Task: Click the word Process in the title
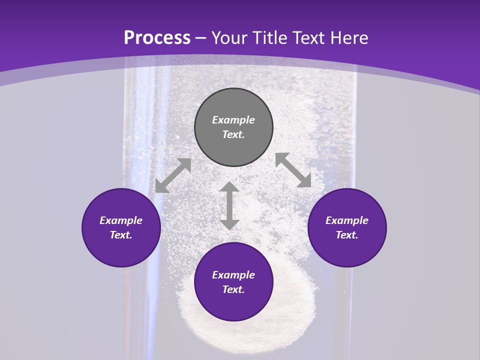coord(157,37)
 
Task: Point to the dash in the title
coord(201,38)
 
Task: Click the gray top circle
coord(233,127)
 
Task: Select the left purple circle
coord(121,227)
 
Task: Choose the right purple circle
coord(347,227)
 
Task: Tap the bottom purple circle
coord(233,282)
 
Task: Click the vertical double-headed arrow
coord(229,205)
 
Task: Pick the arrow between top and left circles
coord(173,175)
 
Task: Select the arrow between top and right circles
coord(293,170)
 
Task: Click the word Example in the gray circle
coord(233,120)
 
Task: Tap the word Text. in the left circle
coord(121,235)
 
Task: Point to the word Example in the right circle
coord(347,220)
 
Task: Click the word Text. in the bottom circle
coord(233,289)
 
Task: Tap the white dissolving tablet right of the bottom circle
coord(295,315)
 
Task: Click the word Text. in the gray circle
coord(233,134)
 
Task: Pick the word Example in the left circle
coord(121,220)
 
